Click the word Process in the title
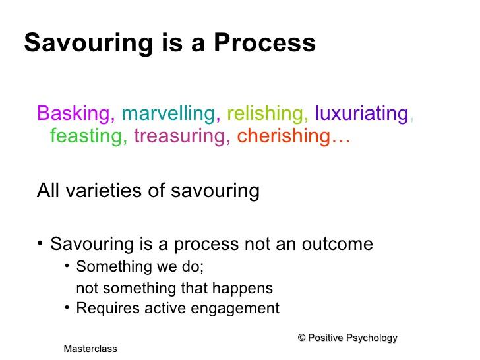[264, 42]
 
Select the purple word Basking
[73, 113]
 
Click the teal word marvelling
[168, 113]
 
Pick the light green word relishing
[265, 113]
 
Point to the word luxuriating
[362, 113]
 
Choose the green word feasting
[86, 136]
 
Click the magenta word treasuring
[180, 136]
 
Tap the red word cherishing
[284, 136]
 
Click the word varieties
[104, 191]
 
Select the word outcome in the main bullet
[338, 244]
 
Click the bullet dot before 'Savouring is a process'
[40, 243]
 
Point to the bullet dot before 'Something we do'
[67, 266]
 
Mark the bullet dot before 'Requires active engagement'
[67, 307]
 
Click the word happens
[242, 289]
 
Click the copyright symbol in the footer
[301, 338]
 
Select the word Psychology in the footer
[372, 338]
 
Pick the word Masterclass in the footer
[90, 349]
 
